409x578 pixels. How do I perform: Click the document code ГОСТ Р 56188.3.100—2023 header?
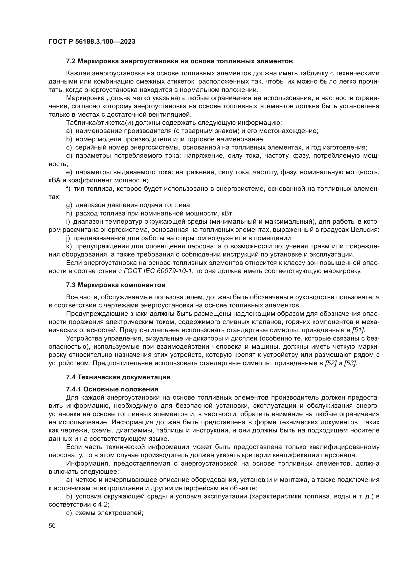tap(92, 42)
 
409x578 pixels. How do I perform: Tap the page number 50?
tap(52, 526)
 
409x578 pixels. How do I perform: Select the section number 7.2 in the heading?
tap(71, 61)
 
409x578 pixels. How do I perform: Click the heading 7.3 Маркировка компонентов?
tap(115, 285)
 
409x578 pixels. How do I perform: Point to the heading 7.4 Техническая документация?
tap(118, 377)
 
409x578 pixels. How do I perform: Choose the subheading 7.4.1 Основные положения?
tap(112, 389)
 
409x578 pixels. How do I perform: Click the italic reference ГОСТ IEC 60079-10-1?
tap(158, 271)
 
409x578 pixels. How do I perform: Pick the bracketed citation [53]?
tap(350, 363)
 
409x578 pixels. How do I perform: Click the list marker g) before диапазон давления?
tap(69, 205)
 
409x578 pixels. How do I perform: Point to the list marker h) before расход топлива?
tap(69, 214)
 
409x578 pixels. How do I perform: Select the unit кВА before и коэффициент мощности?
tap(54, 180)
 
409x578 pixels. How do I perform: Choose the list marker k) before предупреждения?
tap(69, 246)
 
